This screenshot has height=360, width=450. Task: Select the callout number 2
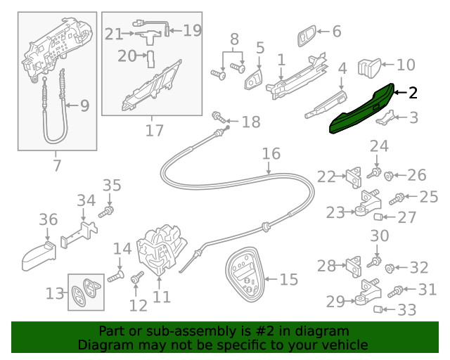click(413, 92)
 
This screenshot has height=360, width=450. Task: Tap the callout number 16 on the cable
click(271, 153)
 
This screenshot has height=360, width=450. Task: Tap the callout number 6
click(335, 31)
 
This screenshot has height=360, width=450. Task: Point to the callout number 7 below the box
click(57, 166)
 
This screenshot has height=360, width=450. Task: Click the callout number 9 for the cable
click(84, 106)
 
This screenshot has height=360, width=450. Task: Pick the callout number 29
click(335, 302)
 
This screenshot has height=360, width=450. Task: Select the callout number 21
click(114, 33)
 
